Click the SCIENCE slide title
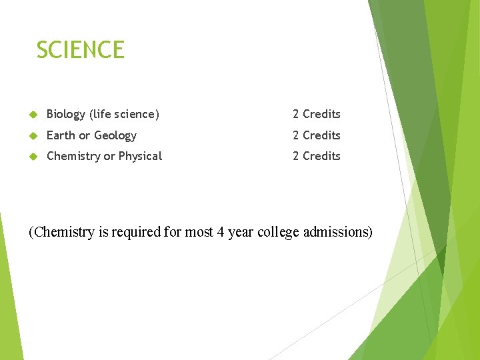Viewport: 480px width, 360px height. click(x=80, y=50)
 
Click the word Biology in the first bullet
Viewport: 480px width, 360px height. click(x=66, y=115)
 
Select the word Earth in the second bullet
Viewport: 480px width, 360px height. click(x=61, y=135)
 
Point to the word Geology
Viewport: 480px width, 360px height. click(x=115, y=135)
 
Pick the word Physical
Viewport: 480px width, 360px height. click(x=140, y=156)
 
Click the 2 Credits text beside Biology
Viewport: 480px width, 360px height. click(x=316, y=115)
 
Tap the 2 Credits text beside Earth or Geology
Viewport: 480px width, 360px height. click(x=316, y=135)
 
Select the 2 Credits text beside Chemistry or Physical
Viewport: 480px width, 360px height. click(x=316, y=156)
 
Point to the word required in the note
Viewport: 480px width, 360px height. click(x=136, y=232)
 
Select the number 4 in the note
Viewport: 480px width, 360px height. click(x=221, y=232)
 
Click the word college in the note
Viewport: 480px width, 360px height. click(x=278, y=232)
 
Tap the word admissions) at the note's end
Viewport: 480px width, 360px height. click(x=337, y=232)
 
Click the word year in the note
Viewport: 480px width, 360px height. click(x=241, y=232)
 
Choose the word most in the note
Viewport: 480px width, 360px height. click(x=199, y=232)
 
